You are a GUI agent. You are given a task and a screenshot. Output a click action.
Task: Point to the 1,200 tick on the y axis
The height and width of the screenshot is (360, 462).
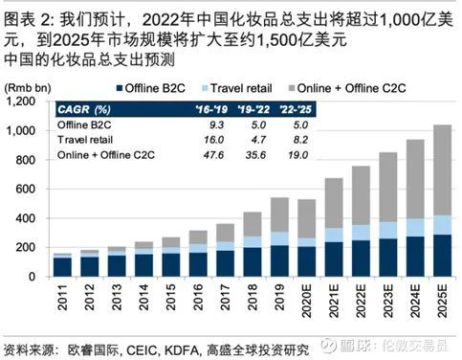pyautogui.click(x=33, y=101)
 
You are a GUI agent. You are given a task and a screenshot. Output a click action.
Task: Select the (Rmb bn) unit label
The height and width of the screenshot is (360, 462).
pyautogui.click(x=26, y=87)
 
